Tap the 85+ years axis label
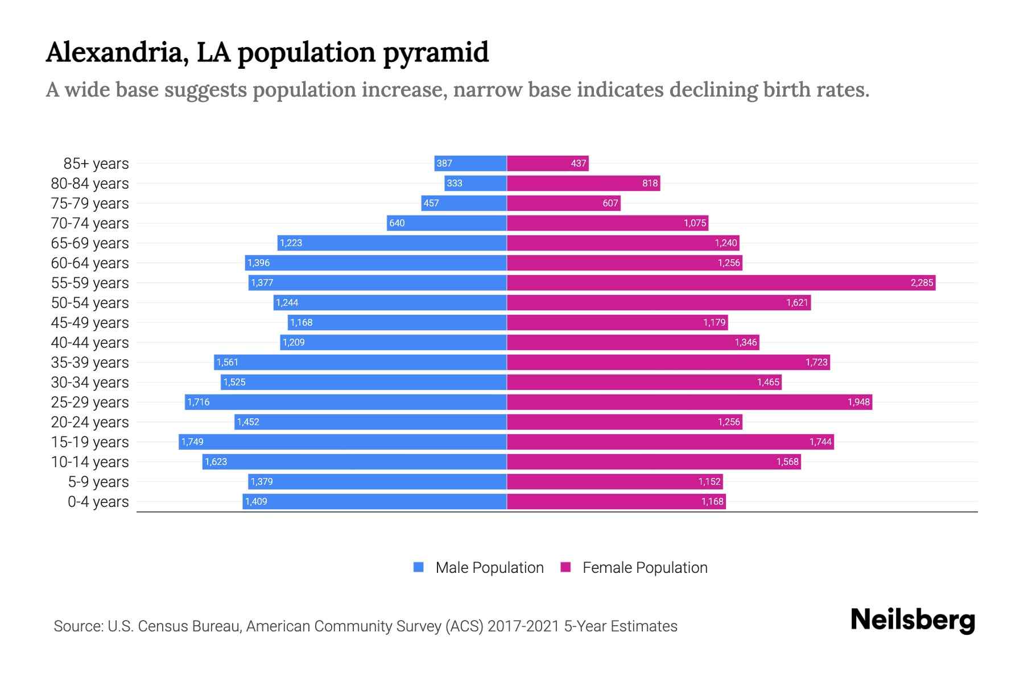(x=96, y=164)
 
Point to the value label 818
(x=650, y=183)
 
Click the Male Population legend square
(x=419, y=567)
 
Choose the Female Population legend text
(x=645, y=567)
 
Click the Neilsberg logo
(x=912, y=620)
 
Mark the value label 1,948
(x=858, y=402)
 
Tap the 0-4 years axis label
(x=98, y=502)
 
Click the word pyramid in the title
(x=435, y=52)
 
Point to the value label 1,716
(x=199, y=402)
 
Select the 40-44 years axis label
(x=90, y=343)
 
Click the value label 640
(x=397, y=223)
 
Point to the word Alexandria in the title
(x=117, y=52)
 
